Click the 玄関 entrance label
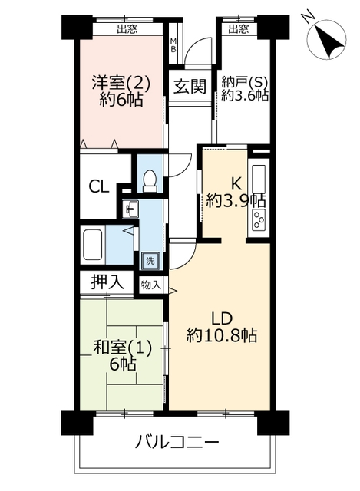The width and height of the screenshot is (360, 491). (190, 86)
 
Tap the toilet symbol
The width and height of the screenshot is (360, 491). (150, 180)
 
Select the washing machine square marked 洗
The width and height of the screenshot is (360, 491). (150, 261)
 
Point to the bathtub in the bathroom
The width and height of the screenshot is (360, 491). (93, 245)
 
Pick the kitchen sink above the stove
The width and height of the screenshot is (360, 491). (259, 180)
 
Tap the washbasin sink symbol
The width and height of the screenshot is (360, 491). (130, 209)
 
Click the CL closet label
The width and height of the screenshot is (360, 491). (98, 187)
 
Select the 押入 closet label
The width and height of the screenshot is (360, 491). (107, 282)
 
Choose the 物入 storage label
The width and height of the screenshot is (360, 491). (151, 285)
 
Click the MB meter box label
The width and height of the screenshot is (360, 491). (173, 45)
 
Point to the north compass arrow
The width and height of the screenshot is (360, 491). (325, 39)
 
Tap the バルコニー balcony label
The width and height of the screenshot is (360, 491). (177, 443)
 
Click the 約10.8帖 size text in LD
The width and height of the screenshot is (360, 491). (222, 336)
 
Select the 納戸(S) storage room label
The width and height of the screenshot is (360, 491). (245, 82)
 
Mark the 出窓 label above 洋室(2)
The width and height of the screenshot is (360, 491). (127, 29)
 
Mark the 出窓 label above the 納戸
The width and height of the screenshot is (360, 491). (239, 29)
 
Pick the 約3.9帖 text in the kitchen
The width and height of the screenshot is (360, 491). (236, 199)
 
